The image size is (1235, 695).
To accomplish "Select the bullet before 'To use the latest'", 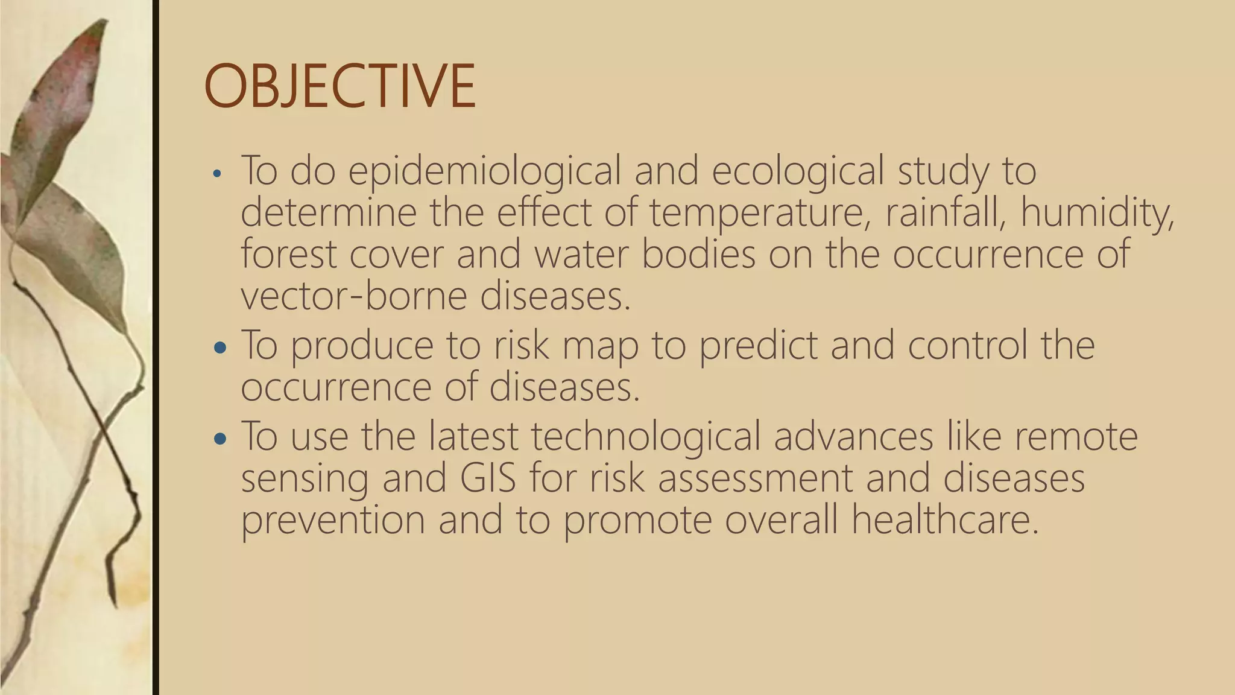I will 220,439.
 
